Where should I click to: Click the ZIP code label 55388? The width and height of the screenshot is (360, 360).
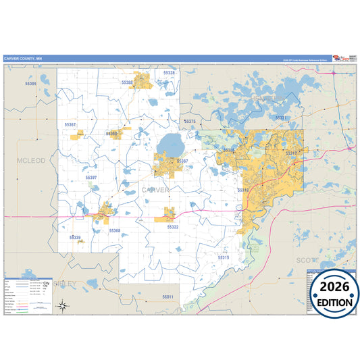[x=127, y=82]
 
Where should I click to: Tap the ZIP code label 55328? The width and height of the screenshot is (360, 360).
[x=169, y=73]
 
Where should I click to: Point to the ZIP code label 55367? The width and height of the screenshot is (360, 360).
[x=70, y=125]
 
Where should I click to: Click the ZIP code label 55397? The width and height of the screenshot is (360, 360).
[x=91, y=177]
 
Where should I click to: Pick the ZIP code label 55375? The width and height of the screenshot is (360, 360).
[x=189, y=122]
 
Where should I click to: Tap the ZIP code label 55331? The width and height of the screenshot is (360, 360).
[x=281, y=118]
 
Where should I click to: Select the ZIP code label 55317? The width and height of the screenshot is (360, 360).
[x=291, y=154]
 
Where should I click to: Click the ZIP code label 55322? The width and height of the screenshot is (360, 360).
[x=172, y=227]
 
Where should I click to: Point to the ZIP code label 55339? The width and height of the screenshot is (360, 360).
[x=75, y=237]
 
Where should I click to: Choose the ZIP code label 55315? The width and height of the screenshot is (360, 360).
[x=224, y=257]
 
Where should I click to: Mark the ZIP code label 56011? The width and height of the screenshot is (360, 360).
[x=168, y=297]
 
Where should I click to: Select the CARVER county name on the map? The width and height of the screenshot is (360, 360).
[x=156, y=190]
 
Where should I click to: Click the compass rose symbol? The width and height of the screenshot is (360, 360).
[x=62, y=306]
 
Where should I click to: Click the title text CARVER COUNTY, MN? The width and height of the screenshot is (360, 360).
[x=22, y=58]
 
